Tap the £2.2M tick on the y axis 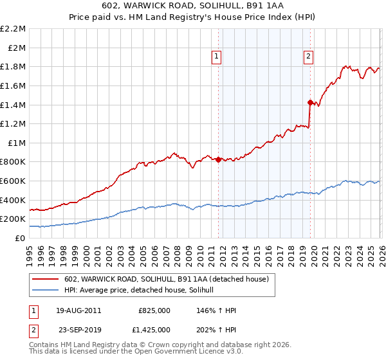[13, 29]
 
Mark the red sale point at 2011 [218, 159]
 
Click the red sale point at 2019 [310, 102]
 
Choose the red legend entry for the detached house [170, 278]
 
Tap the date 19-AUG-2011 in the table [78, 310]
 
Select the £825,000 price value [154, 310]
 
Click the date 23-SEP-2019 [78, 329]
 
